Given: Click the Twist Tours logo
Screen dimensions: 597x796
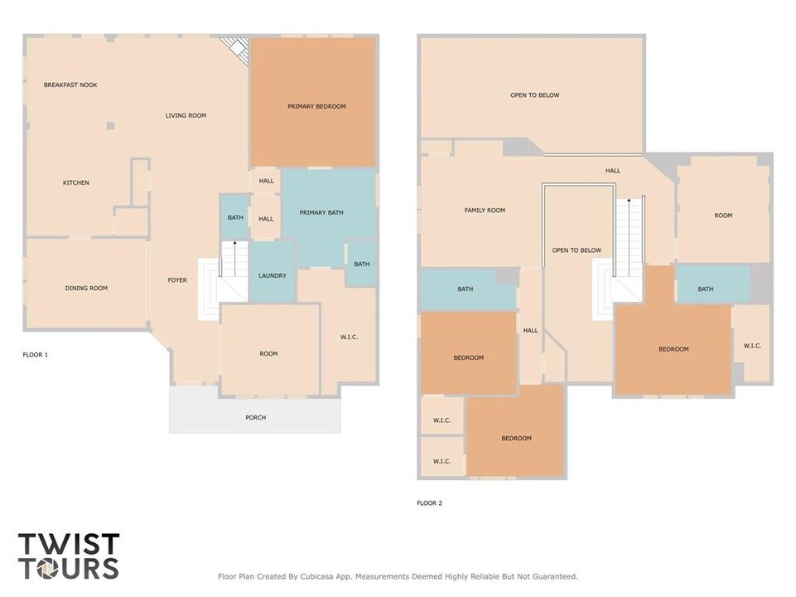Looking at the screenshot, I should click(x=69, y=556).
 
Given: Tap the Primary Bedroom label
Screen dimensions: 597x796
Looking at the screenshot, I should click(x=316, y=106).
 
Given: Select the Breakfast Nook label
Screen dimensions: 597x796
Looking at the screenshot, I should click(x=70, y=85).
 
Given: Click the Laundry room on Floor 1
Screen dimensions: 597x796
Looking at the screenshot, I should click(x=273, y=275).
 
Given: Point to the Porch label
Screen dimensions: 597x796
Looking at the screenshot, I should click(x=256, y=417).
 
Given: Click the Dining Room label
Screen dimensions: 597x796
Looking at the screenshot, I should click(x=87, y=289).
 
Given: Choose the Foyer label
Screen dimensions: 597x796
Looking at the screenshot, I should click(x=176, y=280).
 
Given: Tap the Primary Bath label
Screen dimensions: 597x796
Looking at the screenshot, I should click(x=321, y=213).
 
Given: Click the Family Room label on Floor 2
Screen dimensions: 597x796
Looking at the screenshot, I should click(x=485, y=211).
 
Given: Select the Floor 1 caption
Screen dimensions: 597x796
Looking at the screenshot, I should click(x=35, y=355).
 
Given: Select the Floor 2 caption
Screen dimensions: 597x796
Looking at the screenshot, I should click(x=429, y=502).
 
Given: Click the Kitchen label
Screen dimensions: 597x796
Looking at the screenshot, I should click(x=76, y=182).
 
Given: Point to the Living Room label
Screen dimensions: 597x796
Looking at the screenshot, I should click(x=186, y=115).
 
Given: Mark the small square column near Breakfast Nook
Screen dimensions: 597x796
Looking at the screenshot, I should click(x=110, y=126).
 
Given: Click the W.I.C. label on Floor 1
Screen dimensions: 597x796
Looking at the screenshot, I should click(x=349, y=337).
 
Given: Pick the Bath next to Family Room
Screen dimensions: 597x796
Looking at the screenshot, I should click(x=466, y=289).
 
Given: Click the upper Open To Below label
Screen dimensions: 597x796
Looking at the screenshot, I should click(x=534, y=95).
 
